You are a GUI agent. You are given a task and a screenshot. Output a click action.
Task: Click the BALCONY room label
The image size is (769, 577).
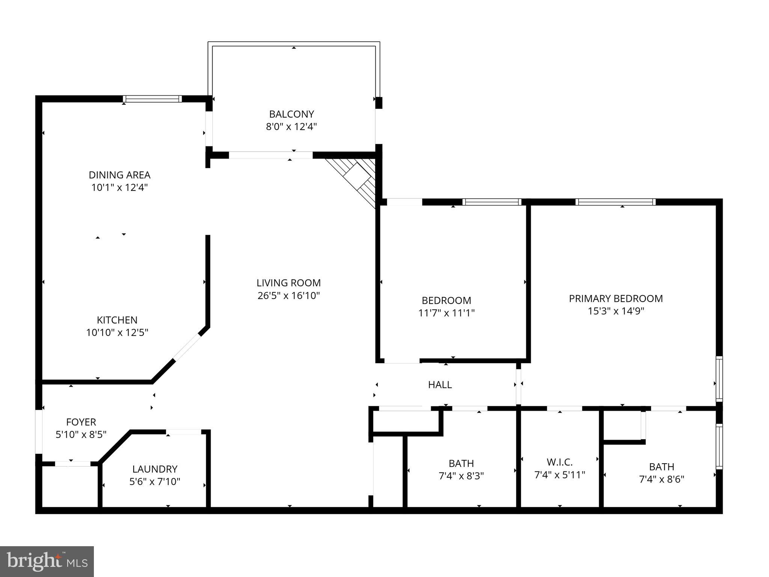click(x=291, y=114)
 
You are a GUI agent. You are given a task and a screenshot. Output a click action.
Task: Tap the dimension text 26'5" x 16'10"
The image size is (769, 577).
click(x=288, y=296)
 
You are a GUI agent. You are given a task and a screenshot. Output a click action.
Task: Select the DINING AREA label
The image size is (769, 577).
click(x=119, y=175)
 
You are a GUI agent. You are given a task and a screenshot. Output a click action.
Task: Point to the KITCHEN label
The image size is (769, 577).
click(x=117, y=320)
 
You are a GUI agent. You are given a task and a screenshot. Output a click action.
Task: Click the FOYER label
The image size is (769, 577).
click(x=81, y=422)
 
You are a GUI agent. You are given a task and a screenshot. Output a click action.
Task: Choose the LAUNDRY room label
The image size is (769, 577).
click(x=155, y=469)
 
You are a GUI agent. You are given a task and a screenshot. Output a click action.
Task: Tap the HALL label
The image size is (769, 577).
click(x=440, y=385)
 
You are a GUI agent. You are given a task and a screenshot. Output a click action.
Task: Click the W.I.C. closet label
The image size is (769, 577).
click(x=559, y=462)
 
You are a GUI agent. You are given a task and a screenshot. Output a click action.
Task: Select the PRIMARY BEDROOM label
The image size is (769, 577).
click(x=616, y=299)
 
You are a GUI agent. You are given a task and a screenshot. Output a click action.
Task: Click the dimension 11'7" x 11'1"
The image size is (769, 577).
click(x=446, y=313)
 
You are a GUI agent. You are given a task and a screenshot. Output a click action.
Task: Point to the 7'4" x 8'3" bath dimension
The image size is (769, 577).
click(x=461, y=476)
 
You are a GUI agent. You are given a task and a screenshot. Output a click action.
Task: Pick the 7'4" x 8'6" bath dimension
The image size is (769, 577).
click(x=662, y=479)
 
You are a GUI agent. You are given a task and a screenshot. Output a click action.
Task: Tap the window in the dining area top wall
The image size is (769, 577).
click(x=152, y=99)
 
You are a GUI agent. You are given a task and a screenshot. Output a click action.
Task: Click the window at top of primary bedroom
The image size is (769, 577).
click(x=615, y=202)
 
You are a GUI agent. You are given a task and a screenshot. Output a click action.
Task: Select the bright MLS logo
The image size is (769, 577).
click(x=47, y=561)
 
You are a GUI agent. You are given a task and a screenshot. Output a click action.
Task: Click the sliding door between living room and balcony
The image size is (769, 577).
click(x=270, y=155)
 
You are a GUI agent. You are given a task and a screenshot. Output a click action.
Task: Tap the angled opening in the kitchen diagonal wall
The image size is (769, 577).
click(x=187, y=347)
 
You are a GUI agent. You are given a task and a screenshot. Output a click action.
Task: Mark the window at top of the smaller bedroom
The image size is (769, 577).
click(x=492, y=202)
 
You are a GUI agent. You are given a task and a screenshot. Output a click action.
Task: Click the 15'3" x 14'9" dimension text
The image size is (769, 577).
click(x=616, y=311)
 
